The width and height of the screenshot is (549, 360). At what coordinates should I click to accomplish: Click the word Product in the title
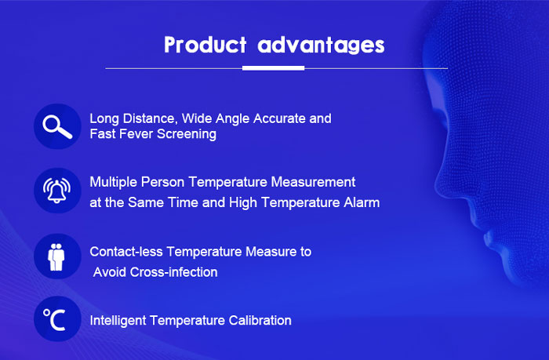pyautogui.click(x=205, y=45)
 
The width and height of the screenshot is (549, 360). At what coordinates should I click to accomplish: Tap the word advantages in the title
pyautogui.click(x=321, y=45)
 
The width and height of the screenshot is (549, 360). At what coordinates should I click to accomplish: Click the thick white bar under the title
pyautogui.click(x=273, y=68)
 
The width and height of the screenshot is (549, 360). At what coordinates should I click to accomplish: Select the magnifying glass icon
pyautogui.click(x=57, y=127)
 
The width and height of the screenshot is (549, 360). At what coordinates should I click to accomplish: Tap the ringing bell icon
pyautogui.click(x=57, y=190)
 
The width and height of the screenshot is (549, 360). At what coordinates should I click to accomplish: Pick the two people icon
pyautogui.click(x=56, y=257)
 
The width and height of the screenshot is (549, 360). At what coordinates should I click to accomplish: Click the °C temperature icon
pyautogui.click(x=55, y=319)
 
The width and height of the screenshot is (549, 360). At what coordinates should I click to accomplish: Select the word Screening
pyautogui.click(x=187, y=134)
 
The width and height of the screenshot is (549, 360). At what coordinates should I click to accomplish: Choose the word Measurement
pyautogui.click(x=313, y=182)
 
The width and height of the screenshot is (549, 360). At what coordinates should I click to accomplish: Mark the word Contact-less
pyautogui.click(x=126, y=252)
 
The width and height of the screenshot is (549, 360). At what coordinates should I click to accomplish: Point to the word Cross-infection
pyautogui.click(x=173, y=272)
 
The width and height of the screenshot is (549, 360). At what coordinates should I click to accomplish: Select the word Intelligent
pyautogui.click(x=118, y=321)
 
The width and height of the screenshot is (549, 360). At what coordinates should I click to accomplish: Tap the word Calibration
pyautogui.click(x=260, y=321)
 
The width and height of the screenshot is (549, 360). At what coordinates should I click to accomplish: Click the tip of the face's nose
pyautogui.click(x=438, y=184)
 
